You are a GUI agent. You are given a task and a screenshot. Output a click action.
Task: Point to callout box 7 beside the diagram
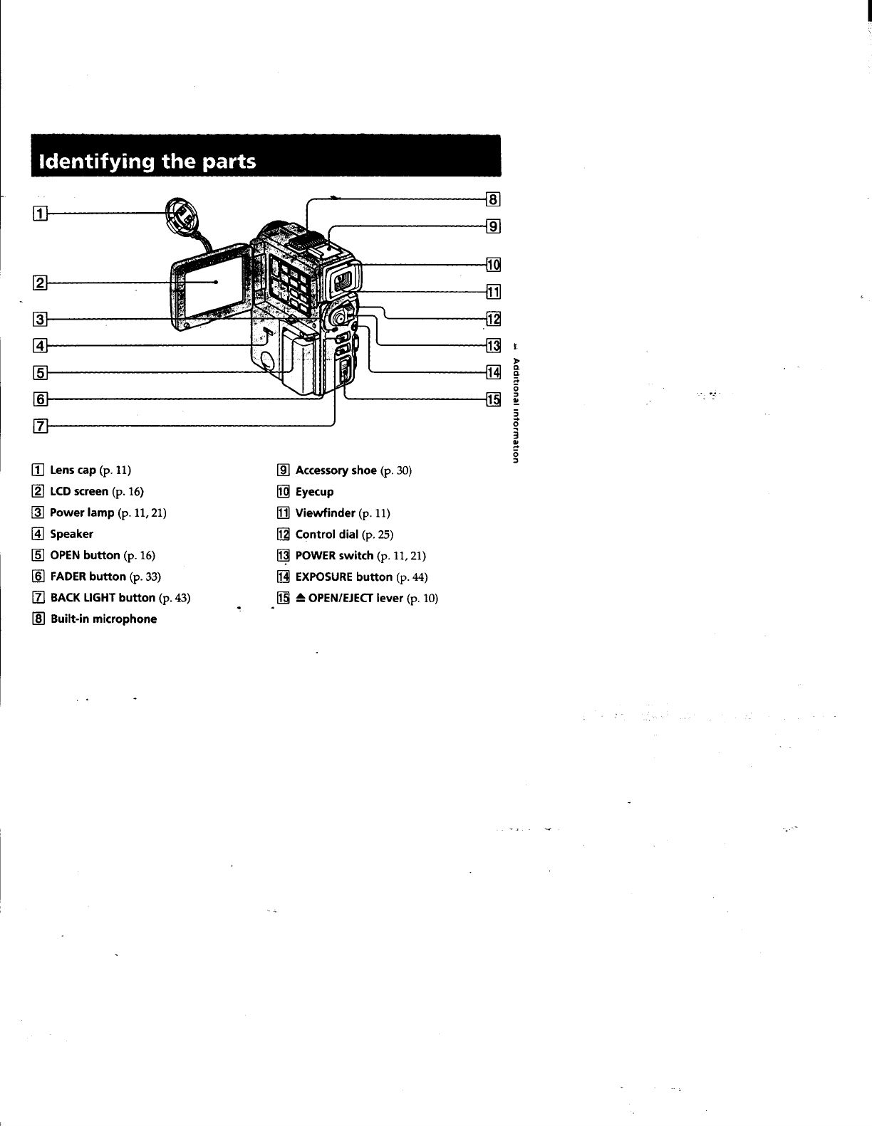(41, 426)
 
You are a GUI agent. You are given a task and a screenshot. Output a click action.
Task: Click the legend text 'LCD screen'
(79, 491)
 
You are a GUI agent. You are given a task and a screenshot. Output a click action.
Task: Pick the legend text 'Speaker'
(71, 534)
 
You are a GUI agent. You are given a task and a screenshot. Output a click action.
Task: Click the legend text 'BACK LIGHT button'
(103, 597)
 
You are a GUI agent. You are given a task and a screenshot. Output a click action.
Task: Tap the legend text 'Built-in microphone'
(103, 619)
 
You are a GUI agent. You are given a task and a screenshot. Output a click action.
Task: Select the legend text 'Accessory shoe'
(336, 470)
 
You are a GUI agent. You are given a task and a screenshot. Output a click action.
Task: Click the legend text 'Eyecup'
(314, 492)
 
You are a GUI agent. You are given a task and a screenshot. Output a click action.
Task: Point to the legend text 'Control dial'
(326, 534)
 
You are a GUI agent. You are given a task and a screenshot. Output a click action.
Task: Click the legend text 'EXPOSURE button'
(343, 577)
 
